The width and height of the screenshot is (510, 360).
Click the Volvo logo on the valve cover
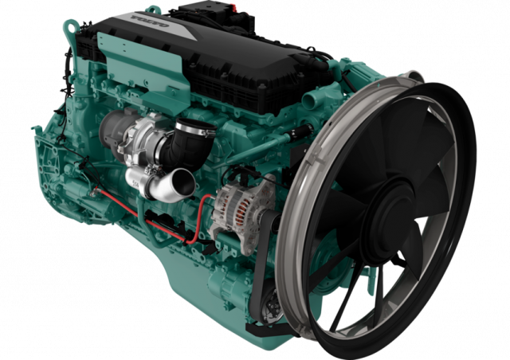pos(150,21)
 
